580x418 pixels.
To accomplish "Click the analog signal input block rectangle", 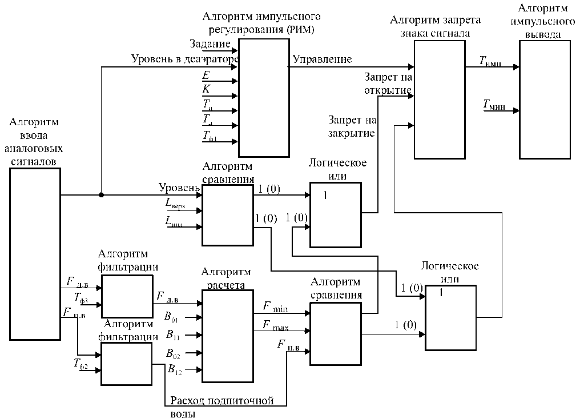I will [35, 253].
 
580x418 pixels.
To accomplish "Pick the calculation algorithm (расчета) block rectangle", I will [227, 336].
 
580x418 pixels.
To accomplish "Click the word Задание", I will [211, 44].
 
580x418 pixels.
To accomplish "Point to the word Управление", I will [322, 59].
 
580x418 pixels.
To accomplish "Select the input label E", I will [206, 75].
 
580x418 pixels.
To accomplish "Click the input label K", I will [206, 89].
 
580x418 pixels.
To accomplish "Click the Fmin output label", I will [275, 307].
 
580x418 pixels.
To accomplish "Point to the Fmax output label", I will [275, 325].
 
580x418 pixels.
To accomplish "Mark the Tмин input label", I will [494, 104].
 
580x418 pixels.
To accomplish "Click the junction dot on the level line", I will [101, 195].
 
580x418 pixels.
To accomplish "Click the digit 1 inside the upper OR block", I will [325, 196].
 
